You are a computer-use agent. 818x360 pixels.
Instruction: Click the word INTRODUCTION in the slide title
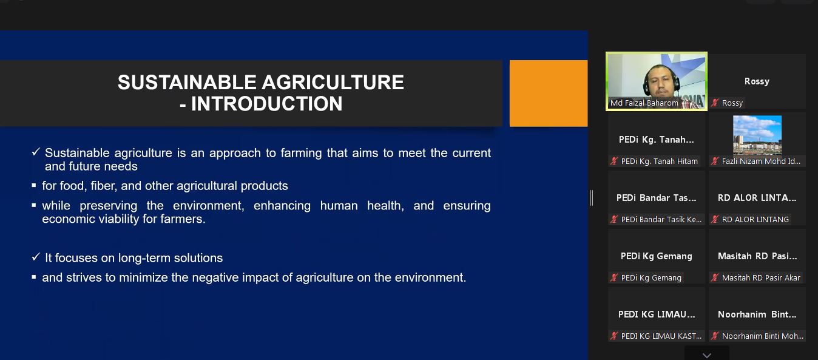pos(266,104)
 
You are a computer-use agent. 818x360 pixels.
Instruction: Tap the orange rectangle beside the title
pos(549,93)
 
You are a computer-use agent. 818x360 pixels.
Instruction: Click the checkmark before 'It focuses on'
pos(36,257)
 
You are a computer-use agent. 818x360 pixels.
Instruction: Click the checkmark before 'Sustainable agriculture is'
pos(36,152)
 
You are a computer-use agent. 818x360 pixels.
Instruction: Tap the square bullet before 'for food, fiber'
pos(34,185)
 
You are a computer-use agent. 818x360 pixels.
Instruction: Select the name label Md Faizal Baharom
pos(644,103)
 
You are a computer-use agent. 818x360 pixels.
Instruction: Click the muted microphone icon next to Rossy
pos(715,103)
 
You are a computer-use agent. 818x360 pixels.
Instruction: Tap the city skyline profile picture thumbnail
pos(757,135)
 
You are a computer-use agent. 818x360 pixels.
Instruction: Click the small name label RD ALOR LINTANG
pos(755,219)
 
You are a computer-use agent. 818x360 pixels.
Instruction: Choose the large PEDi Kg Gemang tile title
pos(656,256)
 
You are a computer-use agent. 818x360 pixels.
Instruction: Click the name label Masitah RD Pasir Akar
pos(761,278)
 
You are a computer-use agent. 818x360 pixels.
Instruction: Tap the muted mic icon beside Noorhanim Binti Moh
pos(715,336)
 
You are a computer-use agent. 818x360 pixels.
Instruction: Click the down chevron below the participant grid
pos(706,355)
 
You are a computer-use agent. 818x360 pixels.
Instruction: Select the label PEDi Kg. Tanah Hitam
pos(659,161)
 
